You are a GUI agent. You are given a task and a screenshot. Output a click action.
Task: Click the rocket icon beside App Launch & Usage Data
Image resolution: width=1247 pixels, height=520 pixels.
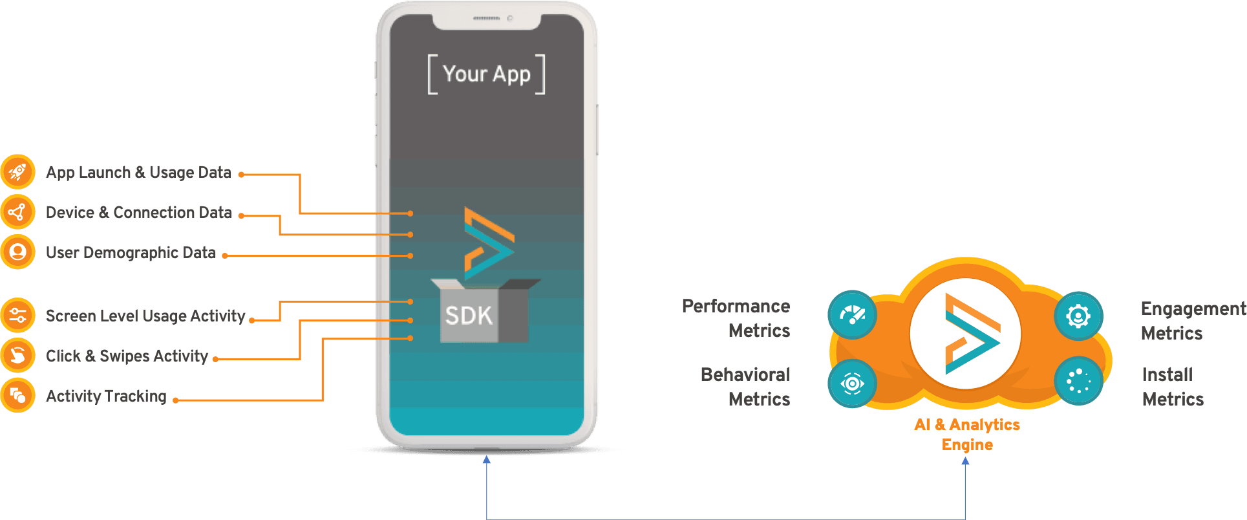[x=17, y=172]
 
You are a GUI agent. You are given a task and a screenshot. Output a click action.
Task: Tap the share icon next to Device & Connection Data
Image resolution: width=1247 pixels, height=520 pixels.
[x=17, y=212]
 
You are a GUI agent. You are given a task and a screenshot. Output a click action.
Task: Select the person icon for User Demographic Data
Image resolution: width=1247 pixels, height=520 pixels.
[x=17, y=252]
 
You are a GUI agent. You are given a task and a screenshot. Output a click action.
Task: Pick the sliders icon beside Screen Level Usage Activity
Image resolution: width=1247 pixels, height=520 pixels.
[x=17, y=316]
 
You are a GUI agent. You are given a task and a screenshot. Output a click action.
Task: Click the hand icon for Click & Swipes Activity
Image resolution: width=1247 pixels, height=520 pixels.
[x=17, y=356]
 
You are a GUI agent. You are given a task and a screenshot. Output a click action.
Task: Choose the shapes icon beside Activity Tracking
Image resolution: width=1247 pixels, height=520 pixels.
[x=17, y=396]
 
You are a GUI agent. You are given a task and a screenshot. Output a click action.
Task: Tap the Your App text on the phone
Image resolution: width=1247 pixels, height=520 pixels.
[x=486, y=74]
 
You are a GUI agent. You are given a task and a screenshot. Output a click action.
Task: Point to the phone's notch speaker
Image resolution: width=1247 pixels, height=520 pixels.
[x=486, y=19]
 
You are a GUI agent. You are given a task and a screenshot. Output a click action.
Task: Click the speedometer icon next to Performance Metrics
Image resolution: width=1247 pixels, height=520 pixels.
[x=852, y=315]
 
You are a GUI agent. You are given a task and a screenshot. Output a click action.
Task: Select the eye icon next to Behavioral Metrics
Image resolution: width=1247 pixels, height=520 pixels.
[x=852, y=384]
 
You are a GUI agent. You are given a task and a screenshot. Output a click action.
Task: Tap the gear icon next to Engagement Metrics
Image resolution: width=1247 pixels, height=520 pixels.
[x=1078, y=316]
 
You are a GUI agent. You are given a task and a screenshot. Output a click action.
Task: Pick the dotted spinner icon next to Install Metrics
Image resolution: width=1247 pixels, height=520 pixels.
[x=1078, y=381]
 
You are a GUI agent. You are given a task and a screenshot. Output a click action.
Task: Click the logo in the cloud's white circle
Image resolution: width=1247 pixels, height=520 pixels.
[x=966, y=334]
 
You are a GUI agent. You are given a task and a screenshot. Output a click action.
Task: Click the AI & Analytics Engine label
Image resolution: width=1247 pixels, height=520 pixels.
[x=967, y=434]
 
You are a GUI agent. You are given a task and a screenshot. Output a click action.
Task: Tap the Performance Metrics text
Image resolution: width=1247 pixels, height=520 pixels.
[x=737, y=318]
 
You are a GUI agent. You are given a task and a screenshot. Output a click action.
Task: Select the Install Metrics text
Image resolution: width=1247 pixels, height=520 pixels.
[x=1172, y=387]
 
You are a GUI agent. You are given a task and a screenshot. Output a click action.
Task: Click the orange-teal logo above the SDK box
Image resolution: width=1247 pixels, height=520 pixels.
[x=488, y=243]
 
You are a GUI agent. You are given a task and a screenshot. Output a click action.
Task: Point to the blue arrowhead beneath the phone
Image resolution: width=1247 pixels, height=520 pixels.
[x=487, y=460]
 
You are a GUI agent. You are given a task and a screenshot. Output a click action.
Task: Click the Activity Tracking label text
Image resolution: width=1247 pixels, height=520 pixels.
[x=106, y=396]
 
